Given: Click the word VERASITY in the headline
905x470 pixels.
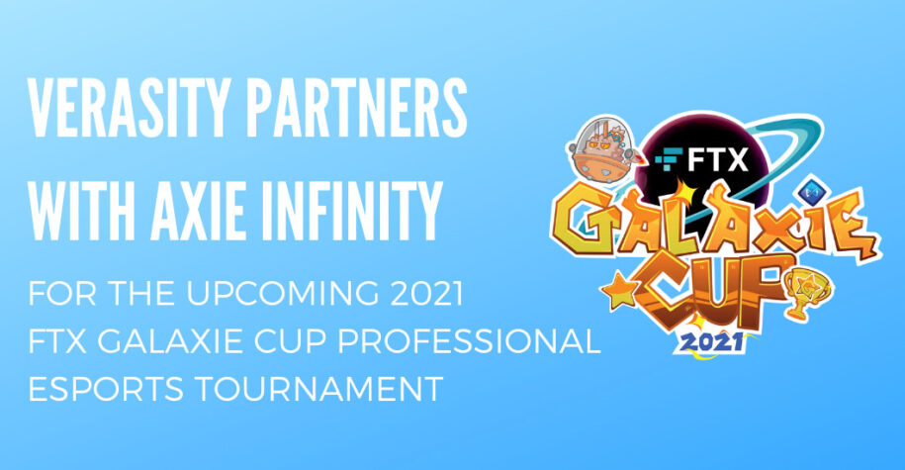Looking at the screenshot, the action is point(129,107).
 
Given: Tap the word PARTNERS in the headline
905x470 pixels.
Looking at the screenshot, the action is point(358,107).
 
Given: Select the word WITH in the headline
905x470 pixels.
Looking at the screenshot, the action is point(81,211).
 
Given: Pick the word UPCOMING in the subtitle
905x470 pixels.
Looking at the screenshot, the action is point(283,294).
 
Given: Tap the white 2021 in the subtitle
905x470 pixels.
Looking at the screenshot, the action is point(426,294).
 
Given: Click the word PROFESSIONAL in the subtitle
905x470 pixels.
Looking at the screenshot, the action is point(469,341).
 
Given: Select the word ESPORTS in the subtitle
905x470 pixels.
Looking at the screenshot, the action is point(106,389).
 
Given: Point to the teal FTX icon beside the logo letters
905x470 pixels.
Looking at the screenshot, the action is point(669,158).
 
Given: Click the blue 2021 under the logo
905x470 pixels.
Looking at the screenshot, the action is point(711,341).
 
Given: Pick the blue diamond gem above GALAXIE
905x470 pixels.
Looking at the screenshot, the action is point(811,189).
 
